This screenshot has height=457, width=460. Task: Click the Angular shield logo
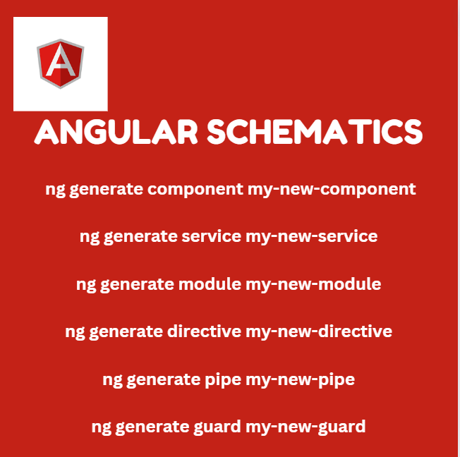pyautogui.click(x=61, y=63)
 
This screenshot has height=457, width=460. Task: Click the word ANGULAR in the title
pyautogui.click(x=116, y=133)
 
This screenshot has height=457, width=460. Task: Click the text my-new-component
pyautogui.click(x=331, y=189)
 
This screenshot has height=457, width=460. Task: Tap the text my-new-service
pyautogui.click(x=311, y=236)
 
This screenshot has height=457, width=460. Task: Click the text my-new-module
pyautogui.click(x=313, y=284)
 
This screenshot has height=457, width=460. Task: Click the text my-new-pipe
pyautogui.click(x=300, y=380)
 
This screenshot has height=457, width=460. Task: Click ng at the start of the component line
pyautogui.click(x=54, y=190)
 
